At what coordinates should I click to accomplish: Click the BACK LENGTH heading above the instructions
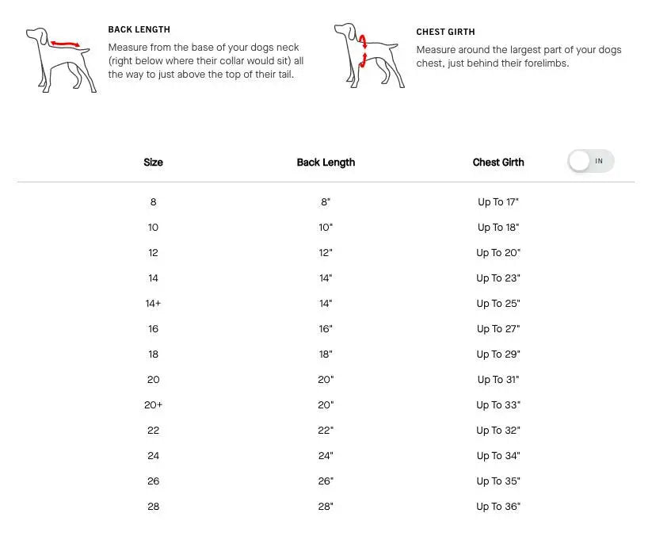coord(139,29)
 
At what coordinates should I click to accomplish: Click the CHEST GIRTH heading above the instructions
coord(445,32)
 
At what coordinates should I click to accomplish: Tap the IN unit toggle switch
coord(591,161)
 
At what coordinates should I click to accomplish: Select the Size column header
coord(153,163)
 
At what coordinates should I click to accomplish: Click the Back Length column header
coord(326,163)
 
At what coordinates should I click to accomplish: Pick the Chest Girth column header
coord(498,163)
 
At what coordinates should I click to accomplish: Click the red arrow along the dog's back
coord(65,44)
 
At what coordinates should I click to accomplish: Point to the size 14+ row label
coord(153,304)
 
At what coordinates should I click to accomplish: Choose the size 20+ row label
coord(153,405)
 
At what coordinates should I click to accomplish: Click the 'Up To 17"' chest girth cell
coord(498,202)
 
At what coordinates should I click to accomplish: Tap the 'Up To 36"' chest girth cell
coord(498,507)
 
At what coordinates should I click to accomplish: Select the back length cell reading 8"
coord(326,202)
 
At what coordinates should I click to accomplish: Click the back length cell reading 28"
coord(326,507)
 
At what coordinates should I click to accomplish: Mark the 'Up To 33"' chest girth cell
coord(498,405)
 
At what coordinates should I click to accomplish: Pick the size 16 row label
coord(153,329)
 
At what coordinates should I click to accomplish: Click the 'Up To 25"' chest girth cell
coord(498,304)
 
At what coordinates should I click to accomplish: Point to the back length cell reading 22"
coord(326,431)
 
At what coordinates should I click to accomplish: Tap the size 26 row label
coord(153,481)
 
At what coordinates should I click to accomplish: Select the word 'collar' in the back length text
coord(232,61)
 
